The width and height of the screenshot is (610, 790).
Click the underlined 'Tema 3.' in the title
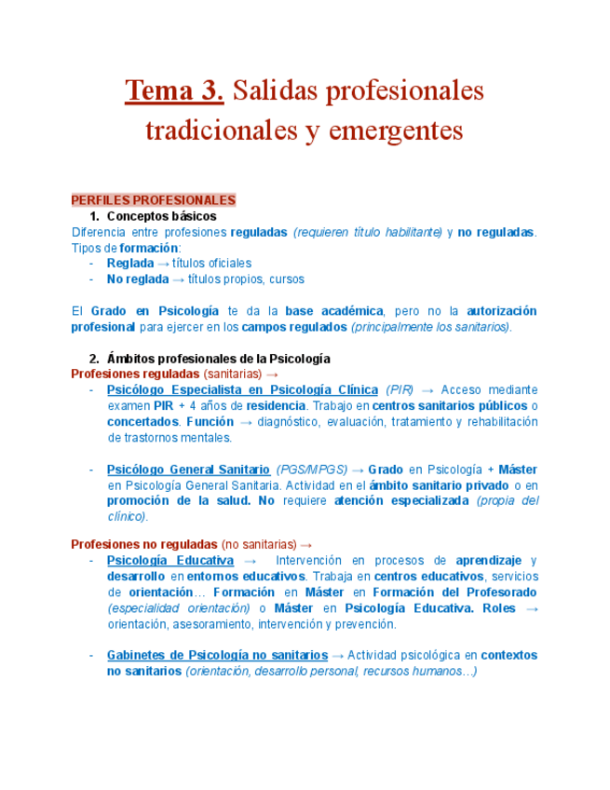tap(175, 91)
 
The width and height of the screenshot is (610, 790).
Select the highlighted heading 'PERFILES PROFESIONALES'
tap(154, 200)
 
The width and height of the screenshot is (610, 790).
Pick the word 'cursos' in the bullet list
tap(286, 279)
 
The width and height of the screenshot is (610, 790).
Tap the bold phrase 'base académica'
tap(334, 311)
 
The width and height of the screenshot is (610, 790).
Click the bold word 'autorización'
tap(501, 311)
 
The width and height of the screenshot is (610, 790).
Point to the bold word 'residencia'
tap(275, 406)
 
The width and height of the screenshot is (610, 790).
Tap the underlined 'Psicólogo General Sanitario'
tap(188, 470)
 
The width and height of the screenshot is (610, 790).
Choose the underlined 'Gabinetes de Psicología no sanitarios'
tap(217, 656)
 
